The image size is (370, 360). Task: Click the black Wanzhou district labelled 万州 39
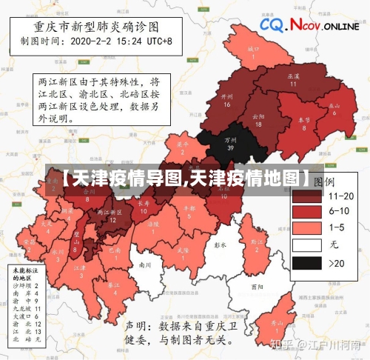pos(230,143)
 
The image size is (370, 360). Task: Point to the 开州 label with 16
pos(227,100)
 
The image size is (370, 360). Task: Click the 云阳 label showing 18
pos(258,119)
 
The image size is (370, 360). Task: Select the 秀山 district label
pos(276,324)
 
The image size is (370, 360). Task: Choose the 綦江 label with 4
pos(113,287)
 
